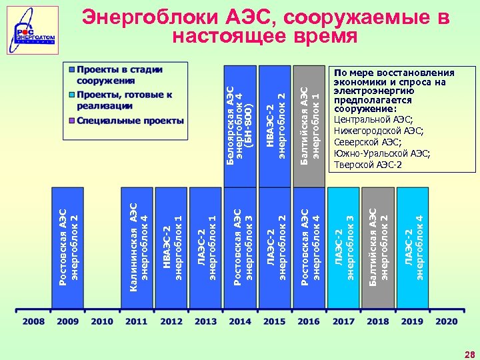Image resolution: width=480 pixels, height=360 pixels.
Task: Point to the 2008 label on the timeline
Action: point(33,321)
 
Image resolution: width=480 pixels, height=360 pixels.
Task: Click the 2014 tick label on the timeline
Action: point(240,321)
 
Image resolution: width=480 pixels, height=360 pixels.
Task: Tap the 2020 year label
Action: point(447,321)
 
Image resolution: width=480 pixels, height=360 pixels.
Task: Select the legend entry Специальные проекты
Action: point(131,121)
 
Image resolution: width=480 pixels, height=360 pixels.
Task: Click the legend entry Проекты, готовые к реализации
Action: point(124,100)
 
